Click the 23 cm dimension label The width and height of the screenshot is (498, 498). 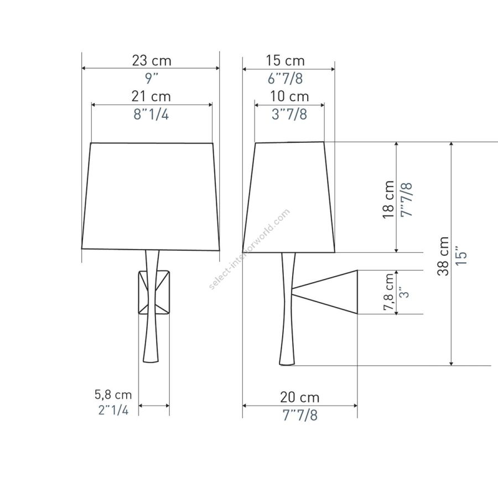152,61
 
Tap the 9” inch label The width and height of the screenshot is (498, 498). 152,79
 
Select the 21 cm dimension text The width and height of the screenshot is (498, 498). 151,96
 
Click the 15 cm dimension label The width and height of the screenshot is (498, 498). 285,61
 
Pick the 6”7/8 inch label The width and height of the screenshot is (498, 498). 285,79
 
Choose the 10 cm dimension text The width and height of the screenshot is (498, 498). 289,96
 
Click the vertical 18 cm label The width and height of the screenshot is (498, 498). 388,199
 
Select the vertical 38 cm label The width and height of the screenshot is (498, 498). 443,256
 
